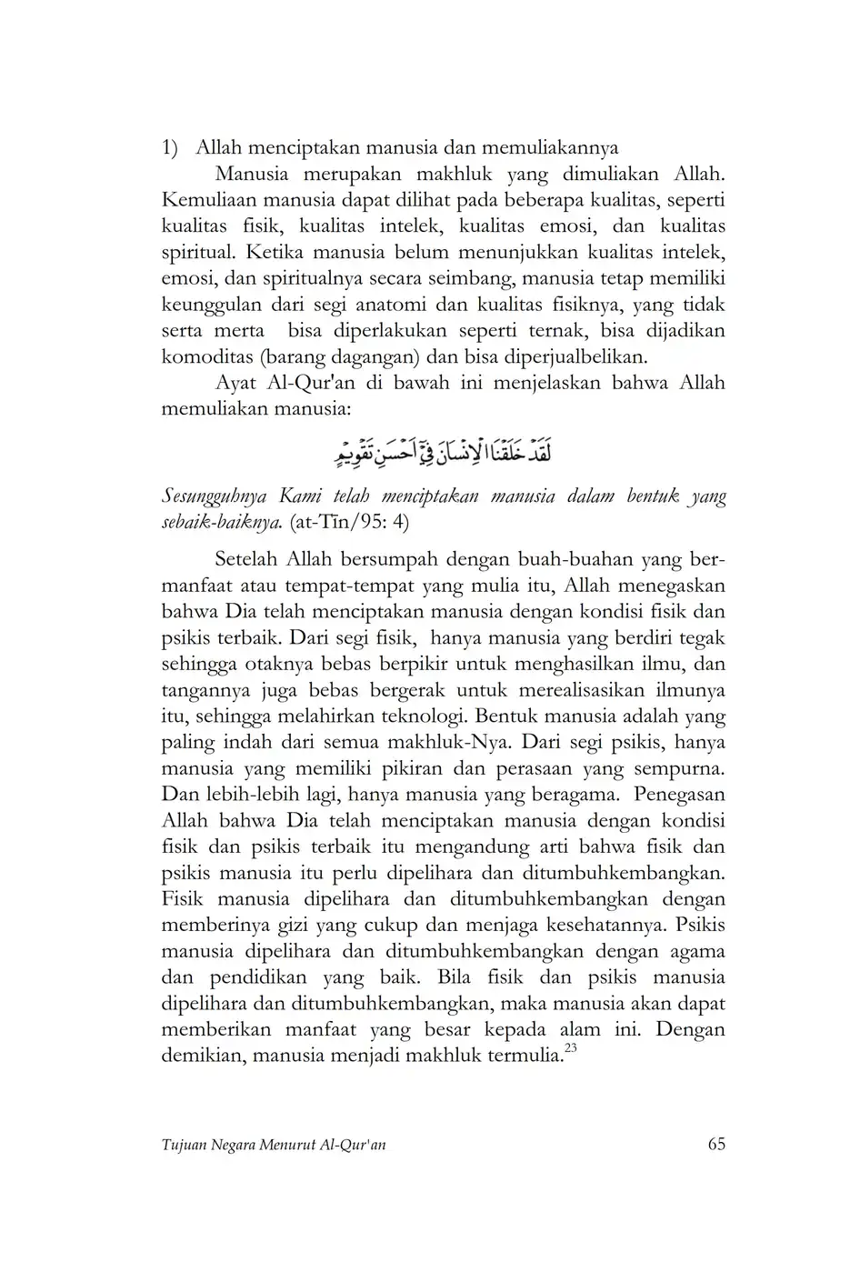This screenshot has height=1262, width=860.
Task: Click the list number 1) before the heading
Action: (x=170, y=148)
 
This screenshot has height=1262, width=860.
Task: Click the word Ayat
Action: (x=238, y=383)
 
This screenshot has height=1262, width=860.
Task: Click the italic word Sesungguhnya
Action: (x=215, y=497)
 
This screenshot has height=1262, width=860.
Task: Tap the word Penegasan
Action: (x=680, y=795)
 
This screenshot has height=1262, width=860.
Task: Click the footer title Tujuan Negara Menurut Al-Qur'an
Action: (x=274, y=1146)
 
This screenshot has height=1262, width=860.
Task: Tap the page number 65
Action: (x=716, y=1145)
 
